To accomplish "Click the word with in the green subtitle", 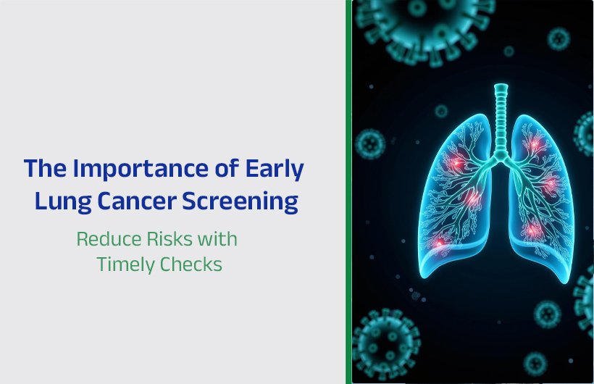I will pyautogui.click(x=219, y=238).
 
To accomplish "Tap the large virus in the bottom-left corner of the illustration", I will pyautogui.click(x=387, y=341).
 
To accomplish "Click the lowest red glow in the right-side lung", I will pyautogui.click(x=533, y=230).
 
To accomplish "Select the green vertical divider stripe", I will pyautogui.click(x=348, y=192).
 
